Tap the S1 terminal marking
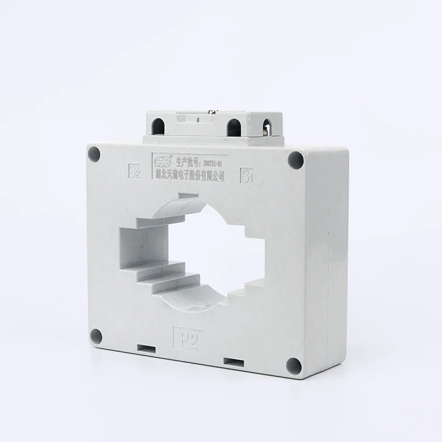246,175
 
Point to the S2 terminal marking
134,173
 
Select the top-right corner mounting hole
295,159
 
